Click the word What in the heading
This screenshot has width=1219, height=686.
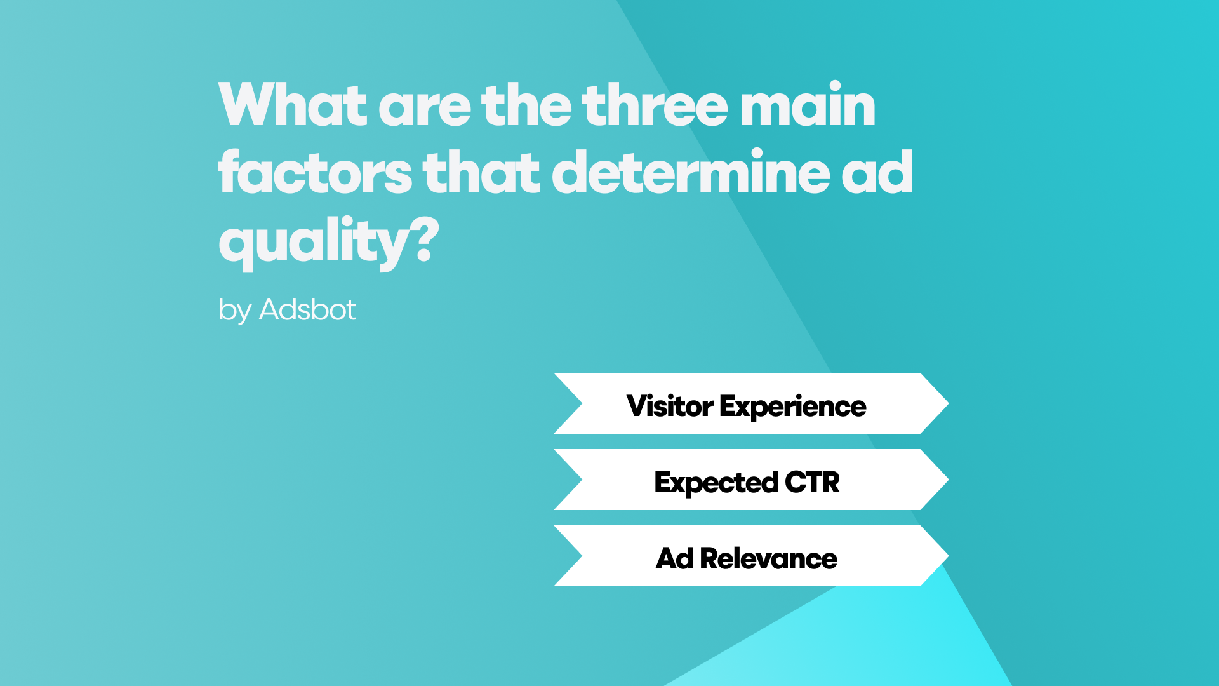tap(293, 105)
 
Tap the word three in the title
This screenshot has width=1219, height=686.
tap(655, 105)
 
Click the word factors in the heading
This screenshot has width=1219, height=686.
tap(316, 173)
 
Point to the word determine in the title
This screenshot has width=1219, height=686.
tap(691, 173)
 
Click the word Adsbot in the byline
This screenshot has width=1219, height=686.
tap(307, 310)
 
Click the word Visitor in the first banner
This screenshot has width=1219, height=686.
tap(669, 407)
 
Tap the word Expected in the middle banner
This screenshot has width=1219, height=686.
tap(716, 483)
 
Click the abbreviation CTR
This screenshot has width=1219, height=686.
tap(812, 482)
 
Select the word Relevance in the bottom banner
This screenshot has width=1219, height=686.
tap(768, 559)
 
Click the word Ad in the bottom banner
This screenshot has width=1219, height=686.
tap(674, 559)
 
